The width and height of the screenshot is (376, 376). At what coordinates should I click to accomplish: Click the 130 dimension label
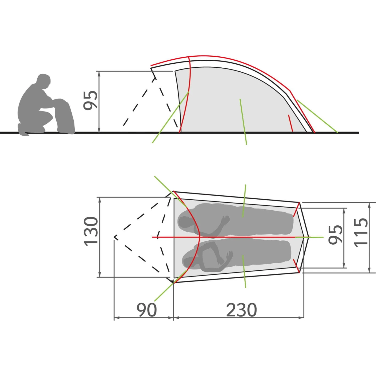tap(91, 231)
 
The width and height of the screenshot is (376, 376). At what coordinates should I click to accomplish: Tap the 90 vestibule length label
tap(147, 310)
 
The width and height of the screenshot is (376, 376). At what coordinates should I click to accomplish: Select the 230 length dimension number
tap(241, 310)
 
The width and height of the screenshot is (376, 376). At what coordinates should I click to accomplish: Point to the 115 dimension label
tap(361, 232)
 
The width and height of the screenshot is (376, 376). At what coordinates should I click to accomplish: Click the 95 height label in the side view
tap(90, 100)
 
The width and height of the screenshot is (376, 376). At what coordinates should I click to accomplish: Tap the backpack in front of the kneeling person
tap(64, 116)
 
